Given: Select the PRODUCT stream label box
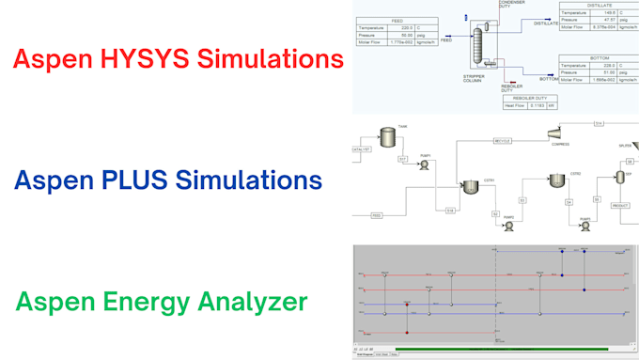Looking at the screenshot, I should [x=620, y=205].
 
